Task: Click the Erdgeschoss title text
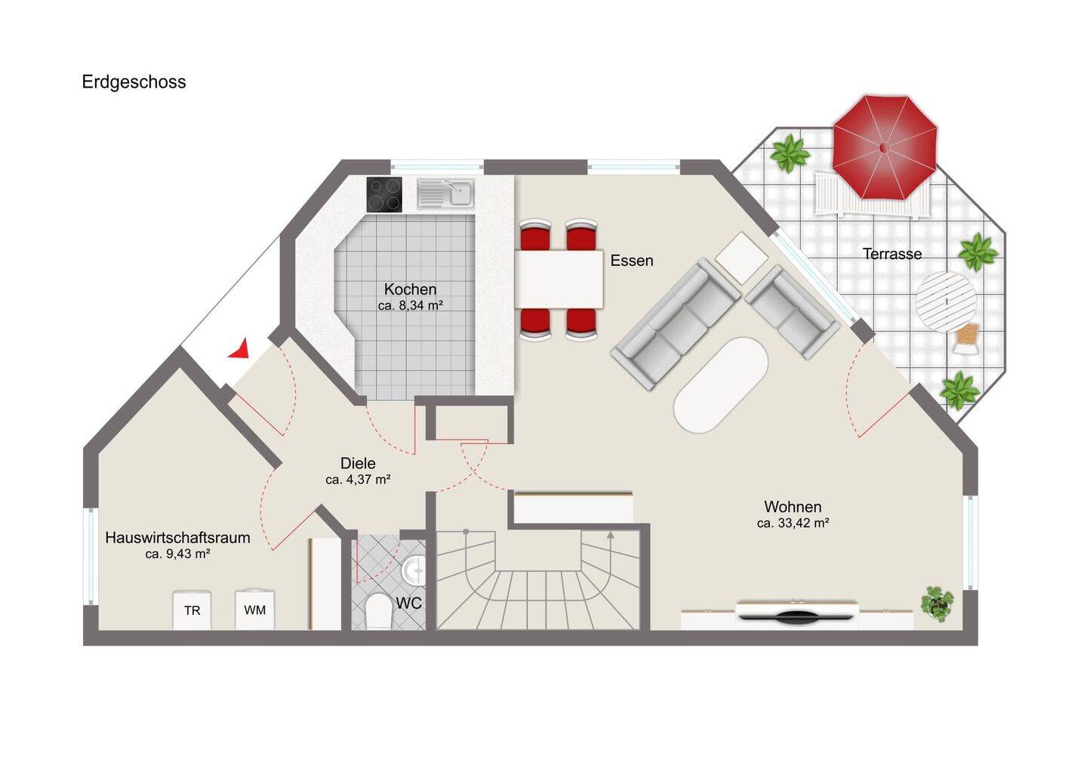134,82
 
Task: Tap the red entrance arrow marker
240,350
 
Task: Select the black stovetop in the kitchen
384,195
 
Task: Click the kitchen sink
446,193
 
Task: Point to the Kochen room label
411,289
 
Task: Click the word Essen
632,261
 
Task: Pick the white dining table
559,279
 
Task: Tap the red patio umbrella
885,147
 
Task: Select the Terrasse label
892,254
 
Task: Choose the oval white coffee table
721,384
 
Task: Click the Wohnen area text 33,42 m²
793,523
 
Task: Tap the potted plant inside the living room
938,604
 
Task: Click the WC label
408,604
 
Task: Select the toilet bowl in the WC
378,612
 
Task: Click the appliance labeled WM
255,610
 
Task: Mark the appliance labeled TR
192,610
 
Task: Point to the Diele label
358,463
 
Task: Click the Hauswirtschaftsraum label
177,538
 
